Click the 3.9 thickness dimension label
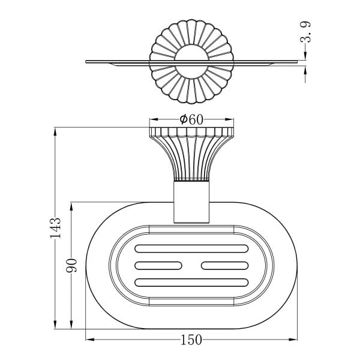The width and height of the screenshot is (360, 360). click(x=305, y=32)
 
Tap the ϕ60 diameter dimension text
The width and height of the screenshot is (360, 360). click(x=191, y=119)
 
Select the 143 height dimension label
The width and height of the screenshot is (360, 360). click(x=55, y=227)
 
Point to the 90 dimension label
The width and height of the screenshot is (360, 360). click(x=71, y=265)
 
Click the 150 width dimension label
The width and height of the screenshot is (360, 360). click(x=191, y=340)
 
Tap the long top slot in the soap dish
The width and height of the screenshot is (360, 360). click(x=191, y=248)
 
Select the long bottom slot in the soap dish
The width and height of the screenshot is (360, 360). click(x=191, y=283)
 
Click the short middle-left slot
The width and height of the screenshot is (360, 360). click(x=158, y=266)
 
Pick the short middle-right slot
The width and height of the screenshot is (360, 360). click(x=225, y=266)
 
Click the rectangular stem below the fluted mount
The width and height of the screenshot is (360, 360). click(x=191, y=202)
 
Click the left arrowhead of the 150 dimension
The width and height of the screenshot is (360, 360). click(x=90, y=340)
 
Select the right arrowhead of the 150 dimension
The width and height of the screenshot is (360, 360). click(x=293, y=340)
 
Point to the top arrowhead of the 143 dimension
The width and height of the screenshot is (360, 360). click(x=55, y=132)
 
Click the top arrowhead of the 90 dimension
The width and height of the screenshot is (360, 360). click(x=71, y=206)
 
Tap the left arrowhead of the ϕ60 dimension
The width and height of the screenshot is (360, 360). click(x=154, y=119)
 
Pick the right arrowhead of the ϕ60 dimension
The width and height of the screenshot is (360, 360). click(x=229, y=119)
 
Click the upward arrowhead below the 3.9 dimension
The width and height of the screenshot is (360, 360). click(x=305, y=71)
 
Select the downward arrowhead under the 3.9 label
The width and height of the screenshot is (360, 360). click(x=305, y=56)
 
